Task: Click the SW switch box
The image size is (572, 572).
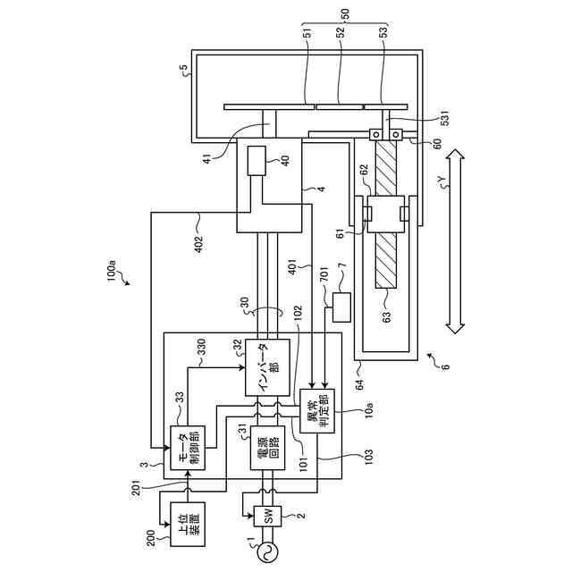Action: pyautogui.click(x=266, y=515)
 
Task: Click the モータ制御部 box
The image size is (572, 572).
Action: pyautogui.click(x=189, y=446)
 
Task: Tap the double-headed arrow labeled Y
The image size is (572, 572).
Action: pyautogui.click(x=456, y=242)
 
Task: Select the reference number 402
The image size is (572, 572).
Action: pyautogui.click(x=198, y=242)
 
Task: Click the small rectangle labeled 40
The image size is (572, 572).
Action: pyautogui.click(x=257, y=160)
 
